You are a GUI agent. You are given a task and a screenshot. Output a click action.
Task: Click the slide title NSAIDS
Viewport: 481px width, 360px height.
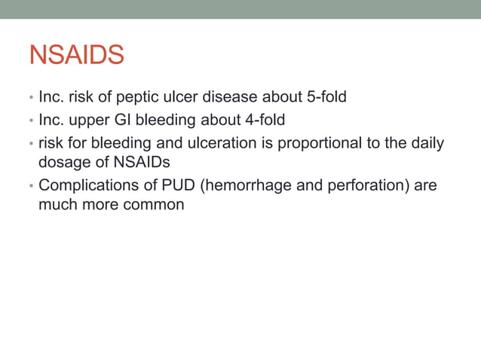[76, 55]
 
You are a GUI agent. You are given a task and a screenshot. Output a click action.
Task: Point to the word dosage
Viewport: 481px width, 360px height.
[63, 161]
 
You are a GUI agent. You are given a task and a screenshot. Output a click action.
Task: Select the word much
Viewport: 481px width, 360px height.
[57, 203]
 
